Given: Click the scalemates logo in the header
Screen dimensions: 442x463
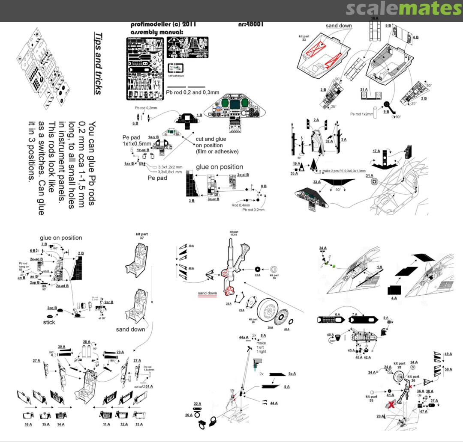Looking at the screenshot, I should pos(403,9).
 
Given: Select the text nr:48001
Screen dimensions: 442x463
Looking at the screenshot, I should pos(250,24).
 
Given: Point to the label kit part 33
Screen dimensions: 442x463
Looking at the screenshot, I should pos(304,39).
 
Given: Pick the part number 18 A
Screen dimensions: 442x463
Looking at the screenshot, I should pos(374,18).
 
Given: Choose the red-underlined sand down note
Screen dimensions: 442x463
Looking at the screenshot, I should pos(207,294).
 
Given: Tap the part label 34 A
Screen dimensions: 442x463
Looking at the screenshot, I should pos(323,248).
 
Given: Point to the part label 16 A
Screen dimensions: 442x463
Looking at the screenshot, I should pos(28,424).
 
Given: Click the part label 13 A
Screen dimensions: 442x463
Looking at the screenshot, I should pos(138,424).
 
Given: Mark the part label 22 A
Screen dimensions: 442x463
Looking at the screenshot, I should pos(197,403).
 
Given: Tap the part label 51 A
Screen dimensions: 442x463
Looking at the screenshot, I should pos(149,386).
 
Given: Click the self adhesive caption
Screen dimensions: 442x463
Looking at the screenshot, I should pos(176,76).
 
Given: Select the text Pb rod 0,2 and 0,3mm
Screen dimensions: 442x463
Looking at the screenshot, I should pos(192,92).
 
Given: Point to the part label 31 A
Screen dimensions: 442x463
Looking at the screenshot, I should pos(370,175).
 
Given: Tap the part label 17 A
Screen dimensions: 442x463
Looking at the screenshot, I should pos(377,151).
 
